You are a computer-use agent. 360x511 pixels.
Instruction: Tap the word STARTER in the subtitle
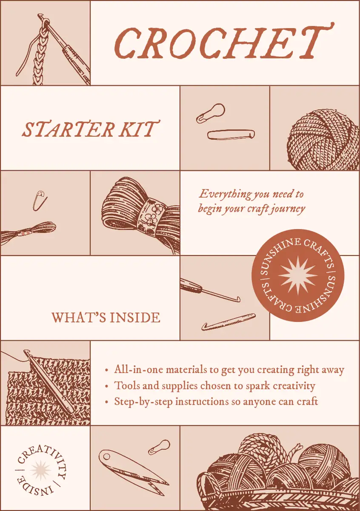pyautogui.click(x=68, y=129)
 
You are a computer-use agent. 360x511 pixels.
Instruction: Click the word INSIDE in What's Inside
pyautogui.click(x=135, y=318)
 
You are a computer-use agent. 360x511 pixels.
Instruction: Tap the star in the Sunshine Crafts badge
pyautogui.click(x=298, y=275)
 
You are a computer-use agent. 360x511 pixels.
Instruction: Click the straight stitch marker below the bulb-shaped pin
pyautogui.click(x=231, y=135)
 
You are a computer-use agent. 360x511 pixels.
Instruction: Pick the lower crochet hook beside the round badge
pyautogui.click(x=229, y=322)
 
